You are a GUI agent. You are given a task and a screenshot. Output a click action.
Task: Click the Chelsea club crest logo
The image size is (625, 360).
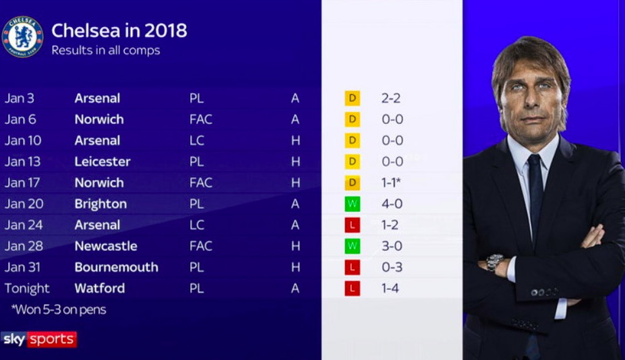(x=23, y=36)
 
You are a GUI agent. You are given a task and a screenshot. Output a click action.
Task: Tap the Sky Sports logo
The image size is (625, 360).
(x=39, y=339)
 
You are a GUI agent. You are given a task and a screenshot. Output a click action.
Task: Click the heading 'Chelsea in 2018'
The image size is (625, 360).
(x=119, y=30)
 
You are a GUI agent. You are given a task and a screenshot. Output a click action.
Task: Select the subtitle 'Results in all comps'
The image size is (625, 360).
(x=106, y=51)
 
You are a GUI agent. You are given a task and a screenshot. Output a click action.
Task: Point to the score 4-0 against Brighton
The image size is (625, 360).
(x=392, y=204)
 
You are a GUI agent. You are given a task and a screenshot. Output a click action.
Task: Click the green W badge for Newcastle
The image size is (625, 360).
(x=352, y=246)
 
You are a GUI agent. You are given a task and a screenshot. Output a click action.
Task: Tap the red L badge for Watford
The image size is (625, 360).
(x=352, y=289)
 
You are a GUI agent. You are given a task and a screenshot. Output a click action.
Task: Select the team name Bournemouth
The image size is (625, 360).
(x=116, y=267)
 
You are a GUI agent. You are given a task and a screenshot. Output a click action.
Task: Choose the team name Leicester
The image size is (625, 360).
(x=102, y=162)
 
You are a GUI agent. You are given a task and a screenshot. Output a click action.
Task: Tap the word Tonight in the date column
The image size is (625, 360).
(x=27, y=289)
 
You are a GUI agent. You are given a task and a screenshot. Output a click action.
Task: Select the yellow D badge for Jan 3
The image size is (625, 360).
(x=352, y=98)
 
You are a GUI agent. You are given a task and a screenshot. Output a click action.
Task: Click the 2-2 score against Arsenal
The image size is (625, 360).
(x=392, y=98)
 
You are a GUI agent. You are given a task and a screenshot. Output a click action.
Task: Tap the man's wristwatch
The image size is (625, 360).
(x=495, y=262)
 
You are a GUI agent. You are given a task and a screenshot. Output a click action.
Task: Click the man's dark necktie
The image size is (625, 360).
(x=535, y=192)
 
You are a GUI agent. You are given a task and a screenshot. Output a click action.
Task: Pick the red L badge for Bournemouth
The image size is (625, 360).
(x=352, y=268)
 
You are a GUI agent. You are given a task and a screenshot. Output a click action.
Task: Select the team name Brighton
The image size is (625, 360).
(x=100, y=204)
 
